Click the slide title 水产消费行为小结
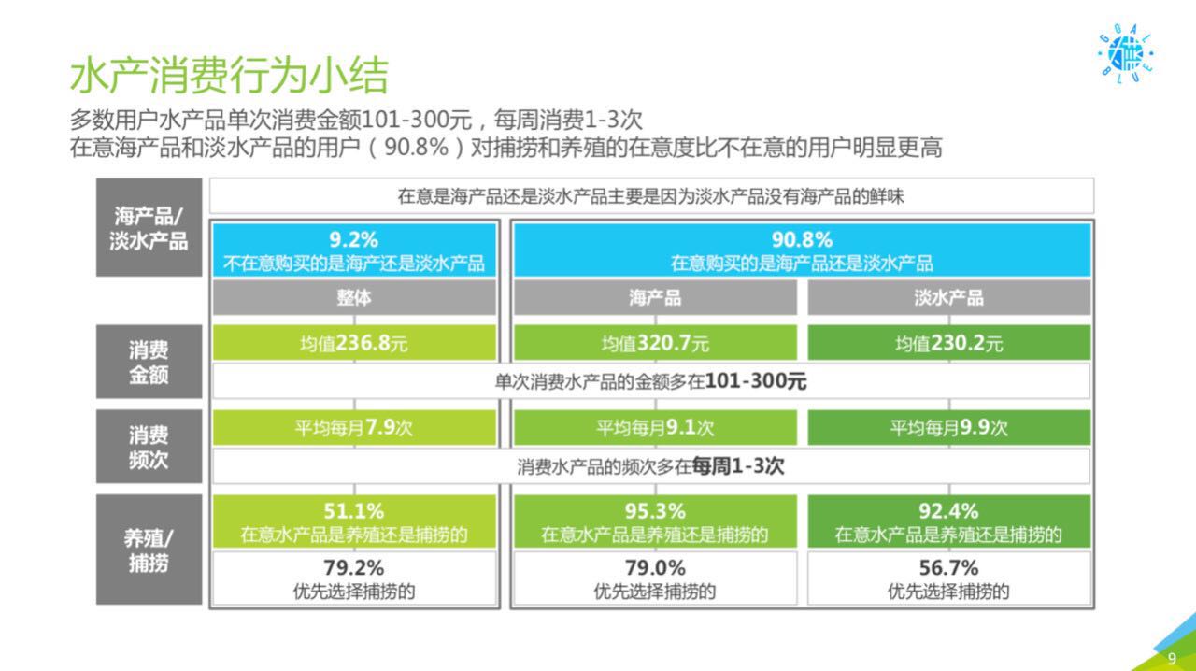229,75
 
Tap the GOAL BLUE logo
1126,53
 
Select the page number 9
1172,658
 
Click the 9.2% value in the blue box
353,240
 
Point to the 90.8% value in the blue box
802,240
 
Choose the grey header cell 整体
354,297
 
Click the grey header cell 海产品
655,297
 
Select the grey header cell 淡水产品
948,297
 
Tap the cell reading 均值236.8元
354,342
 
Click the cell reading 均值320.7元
655,342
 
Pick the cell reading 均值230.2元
948,342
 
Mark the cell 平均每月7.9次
354,427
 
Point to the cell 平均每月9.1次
655,427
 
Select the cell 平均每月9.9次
948,427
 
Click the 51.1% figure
353,511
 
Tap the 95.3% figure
655,511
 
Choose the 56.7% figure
948,567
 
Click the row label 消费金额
149,363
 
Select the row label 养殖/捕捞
149,550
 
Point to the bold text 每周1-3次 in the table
738,466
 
